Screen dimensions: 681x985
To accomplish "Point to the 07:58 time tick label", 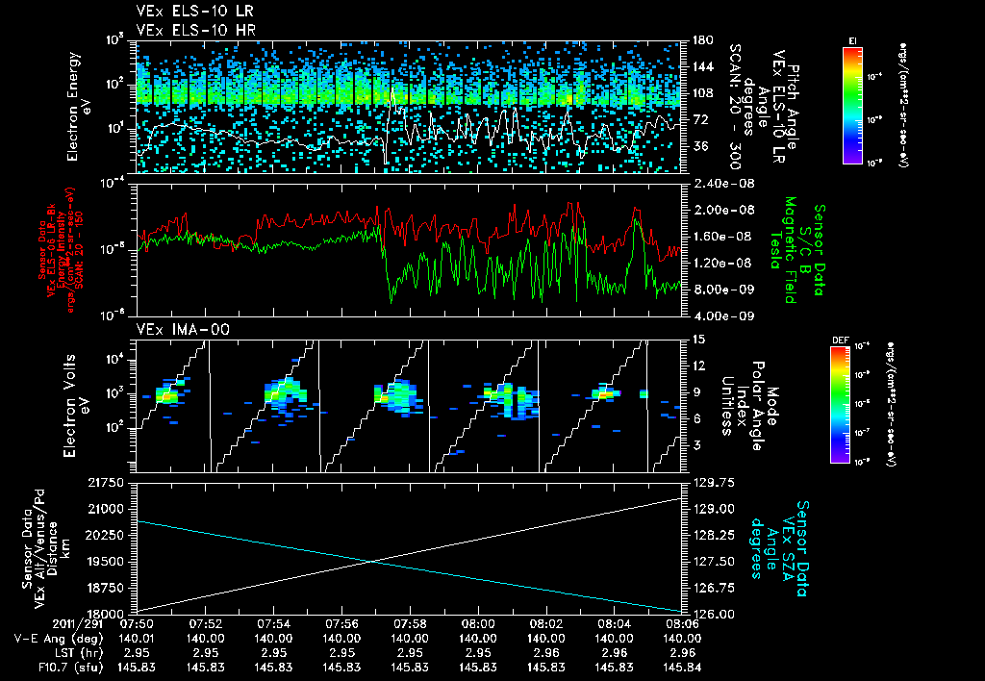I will (410, 622).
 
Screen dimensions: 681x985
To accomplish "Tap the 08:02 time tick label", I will (545, 622).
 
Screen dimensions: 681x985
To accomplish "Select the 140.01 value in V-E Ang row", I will (138, 637).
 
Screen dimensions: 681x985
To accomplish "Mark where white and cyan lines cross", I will (372, 561).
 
